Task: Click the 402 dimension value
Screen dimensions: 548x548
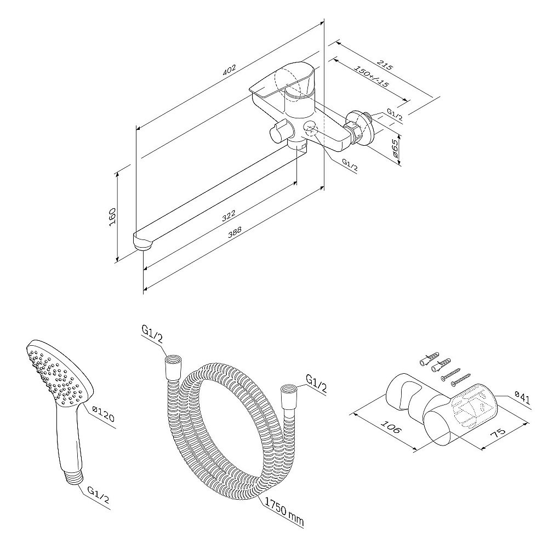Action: click(229, 70)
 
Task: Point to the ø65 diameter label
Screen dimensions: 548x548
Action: click(395, 148)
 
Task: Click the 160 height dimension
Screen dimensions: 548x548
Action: click(112, 216)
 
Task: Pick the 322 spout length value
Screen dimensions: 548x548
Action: click(229, 216)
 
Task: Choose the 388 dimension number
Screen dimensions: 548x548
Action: click(235, 233)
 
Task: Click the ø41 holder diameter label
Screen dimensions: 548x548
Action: click(523, 400)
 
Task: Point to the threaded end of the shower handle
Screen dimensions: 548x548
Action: click(75, 477)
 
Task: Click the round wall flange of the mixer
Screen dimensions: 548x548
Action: click(361, 128)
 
